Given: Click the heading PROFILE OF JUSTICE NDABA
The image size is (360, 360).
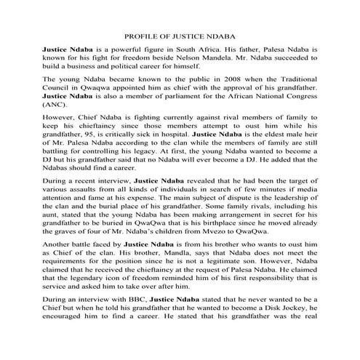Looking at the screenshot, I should (180, 35).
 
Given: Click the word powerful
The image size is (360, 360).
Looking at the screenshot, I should (124, 49).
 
